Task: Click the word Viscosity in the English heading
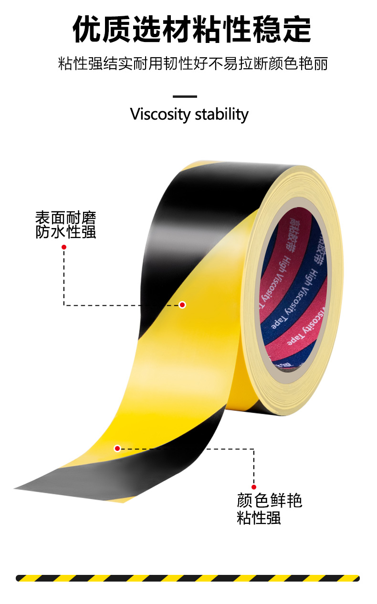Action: (160, 115)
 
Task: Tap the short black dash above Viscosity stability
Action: (185, 96)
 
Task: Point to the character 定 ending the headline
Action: (296, 30)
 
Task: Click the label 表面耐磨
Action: (66, 218)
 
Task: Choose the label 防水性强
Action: (66, 232)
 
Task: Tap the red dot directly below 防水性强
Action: (64, 247)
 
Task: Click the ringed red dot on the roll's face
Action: (182, 305)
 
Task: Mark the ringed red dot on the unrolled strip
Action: (117, 448)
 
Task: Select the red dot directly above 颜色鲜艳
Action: (254, 487)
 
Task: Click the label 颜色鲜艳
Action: (270, 501)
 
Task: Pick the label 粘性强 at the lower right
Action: (259, 518)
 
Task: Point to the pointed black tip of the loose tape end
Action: (17, 489)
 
